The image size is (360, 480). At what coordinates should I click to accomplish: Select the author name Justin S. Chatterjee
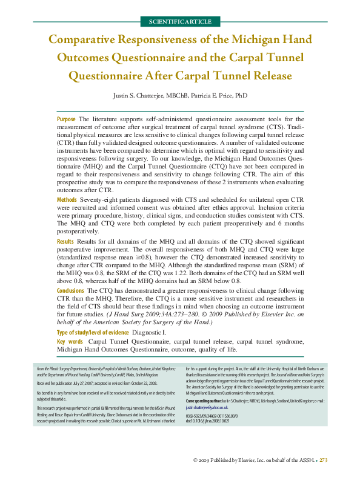[x=143, y=96]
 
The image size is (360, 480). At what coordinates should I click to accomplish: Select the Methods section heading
[x=67, y=199]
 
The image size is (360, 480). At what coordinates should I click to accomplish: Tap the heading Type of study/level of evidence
[x=92, y=332]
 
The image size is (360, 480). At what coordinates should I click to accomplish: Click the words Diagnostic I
[x=149, y=332]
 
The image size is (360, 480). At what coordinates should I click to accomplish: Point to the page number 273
[x=323, y=461]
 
